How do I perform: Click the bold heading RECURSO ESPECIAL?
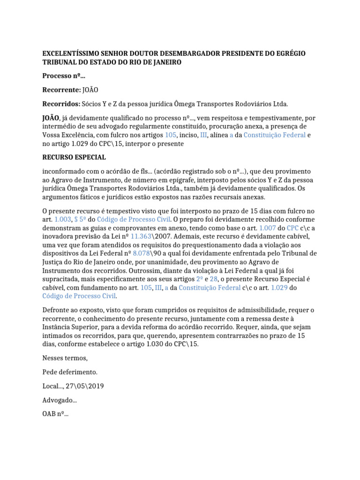(74, 157)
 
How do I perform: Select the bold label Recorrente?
(61, 90)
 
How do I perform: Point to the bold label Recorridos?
(61, 103)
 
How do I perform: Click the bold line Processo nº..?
(64, 76)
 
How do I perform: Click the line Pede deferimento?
(70, 372)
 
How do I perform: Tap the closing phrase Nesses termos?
(65, 359)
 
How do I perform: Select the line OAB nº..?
(55, 414)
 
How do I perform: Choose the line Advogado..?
(60, 400)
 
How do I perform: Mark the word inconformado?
(65, 172)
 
